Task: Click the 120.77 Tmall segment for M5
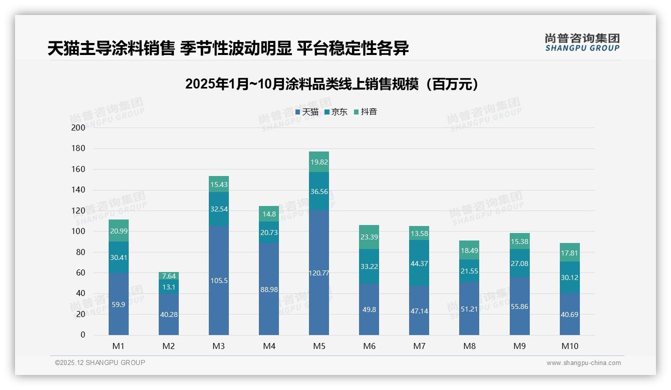coord(318,272)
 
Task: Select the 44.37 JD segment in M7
coord(419,263)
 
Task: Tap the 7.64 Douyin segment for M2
coord(169,276)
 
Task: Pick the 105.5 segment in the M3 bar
coord(219,280)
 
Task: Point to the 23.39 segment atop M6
coord(369,237)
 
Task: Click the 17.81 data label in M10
coord(569,252)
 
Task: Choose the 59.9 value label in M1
coord(119,304)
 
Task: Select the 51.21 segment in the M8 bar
coord(469,308)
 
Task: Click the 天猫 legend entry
coord(306,112)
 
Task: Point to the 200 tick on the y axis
coord(79,127)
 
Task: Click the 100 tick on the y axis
coord(79,231)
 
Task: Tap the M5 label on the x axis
coord(318,346)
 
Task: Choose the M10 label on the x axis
coord(569,346)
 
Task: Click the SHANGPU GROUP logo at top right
coord(582,42)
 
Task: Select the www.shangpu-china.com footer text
coord(583,363)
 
